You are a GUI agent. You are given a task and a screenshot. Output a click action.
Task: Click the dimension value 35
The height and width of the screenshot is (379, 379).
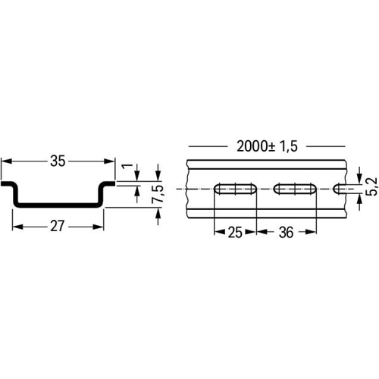pyautogui.click(x=57, y=161)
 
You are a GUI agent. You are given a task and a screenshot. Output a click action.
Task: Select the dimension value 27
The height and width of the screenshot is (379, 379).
pyautogui.click(x=58, y=225)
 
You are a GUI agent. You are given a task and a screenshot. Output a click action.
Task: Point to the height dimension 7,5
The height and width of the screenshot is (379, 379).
pyautogui.click(x=158, y=194)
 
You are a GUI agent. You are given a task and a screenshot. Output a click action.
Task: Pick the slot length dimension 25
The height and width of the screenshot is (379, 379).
pyautogui.click(x=235, y=233)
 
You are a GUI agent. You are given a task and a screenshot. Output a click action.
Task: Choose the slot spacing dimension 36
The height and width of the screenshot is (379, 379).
pyautogui.click(x=286, y=233)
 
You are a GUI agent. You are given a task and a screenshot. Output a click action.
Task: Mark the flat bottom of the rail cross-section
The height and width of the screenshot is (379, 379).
pyautogui.click(x=58, y=205)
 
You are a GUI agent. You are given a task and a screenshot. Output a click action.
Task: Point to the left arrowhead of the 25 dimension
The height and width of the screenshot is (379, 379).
pyautogui.click(x=218, y=233)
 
